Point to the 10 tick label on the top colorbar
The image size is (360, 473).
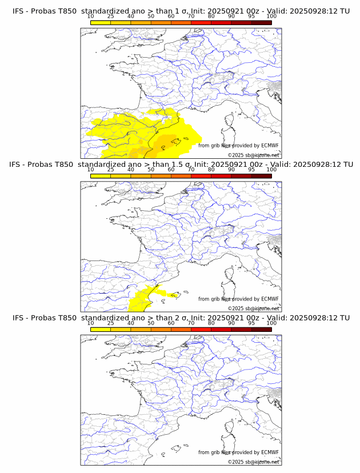coord(91,17)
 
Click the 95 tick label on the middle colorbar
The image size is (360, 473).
coord(251,170)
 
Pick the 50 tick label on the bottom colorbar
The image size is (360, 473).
coord(151,323)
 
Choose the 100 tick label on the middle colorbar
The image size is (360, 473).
coord(271,170)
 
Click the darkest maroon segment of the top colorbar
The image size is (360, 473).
coord(261,22)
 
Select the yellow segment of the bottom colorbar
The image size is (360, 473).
coord(101,329)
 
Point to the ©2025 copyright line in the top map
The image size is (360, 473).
coord(254,155)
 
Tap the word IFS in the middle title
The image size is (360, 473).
coord(18,165)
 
